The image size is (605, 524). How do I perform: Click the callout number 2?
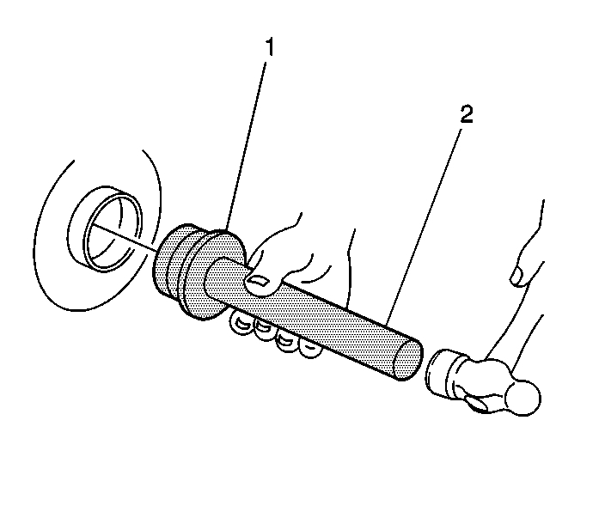(x=465, y=116)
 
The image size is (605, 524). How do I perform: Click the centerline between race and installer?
(x=129, y=241)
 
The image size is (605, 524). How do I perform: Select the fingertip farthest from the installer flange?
(x=307, y=347)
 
